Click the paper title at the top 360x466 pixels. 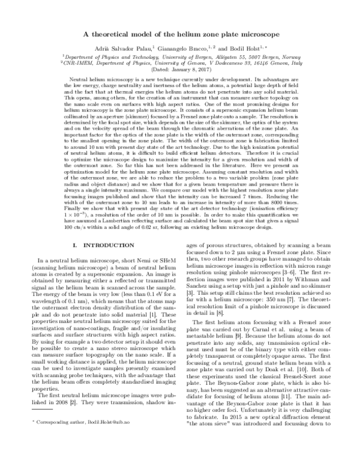click(180, 34)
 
